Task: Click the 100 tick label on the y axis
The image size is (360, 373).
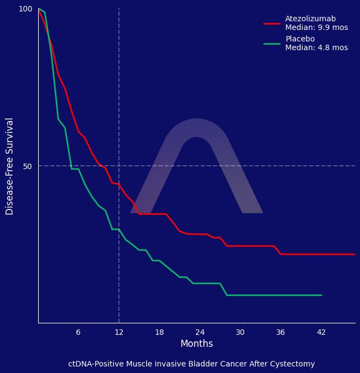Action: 26,9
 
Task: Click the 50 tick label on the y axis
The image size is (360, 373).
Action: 27,166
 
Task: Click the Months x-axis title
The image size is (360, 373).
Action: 196,344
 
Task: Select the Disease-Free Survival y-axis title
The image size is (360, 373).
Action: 10,166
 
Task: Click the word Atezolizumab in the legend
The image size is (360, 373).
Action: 310,19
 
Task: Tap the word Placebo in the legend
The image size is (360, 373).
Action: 300,39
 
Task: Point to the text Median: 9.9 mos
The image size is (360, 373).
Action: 316,28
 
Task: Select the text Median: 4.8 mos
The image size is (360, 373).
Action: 316,48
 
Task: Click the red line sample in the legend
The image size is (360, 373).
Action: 272,23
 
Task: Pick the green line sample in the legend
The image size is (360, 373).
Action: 272,44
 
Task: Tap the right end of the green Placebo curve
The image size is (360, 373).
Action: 321,295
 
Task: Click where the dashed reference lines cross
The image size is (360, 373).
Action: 119,166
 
